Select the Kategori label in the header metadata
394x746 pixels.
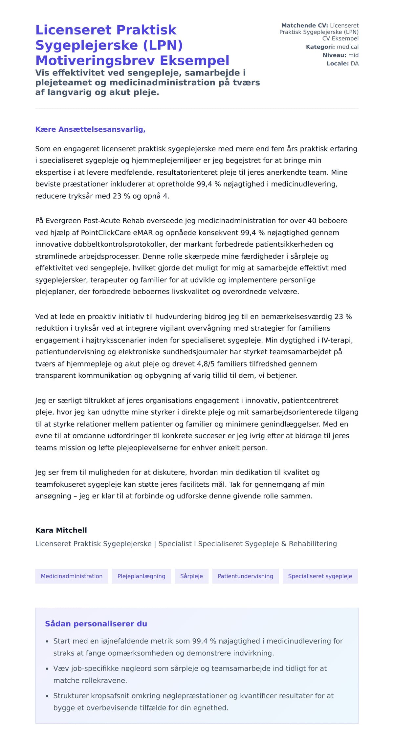320,47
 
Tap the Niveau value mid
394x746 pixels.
353,55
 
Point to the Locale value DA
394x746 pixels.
355,63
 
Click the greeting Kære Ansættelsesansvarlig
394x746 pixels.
90,129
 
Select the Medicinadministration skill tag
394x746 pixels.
72,576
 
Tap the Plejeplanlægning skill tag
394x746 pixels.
141,576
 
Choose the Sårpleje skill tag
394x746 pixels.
191,576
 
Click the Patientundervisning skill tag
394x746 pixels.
245,576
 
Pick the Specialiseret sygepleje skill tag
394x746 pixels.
320,576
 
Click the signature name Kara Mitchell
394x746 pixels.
61,530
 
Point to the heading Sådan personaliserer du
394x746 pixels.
96,624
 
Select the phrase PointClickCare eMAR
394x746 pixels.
117,232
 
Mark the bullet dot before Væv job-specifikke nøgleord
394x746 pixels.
47,669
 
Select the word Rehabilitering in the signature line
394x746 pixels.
313,544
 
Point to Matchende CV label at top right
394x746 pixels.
304,26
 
